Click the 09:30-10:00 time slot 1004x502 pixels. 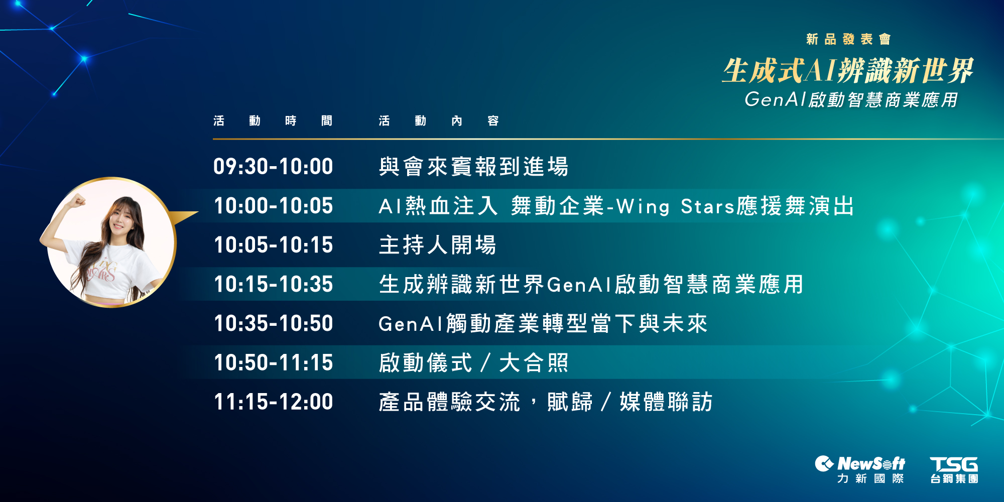(273, 167)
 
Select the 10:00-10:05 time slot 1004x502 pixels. (273, 206)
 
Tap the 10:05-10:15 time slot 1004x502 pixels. (273, 245)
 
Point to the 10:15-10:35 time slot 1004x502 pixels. (273, 284)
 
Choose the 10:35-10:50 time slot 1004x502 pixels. (273, 323)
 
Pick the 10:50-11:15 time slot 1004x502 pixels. (273, 362)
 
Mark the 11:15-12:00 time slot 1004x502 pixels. (273, 402)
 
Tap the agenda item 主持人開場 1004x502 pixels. (437, 245)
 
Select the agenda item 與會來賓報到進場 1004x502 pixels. (473, 167)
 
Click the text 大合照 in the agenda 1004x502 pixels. (534, 362)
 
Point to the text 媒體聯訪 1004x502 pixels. (666, 402)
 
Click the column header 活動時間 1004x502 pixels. (273, 121)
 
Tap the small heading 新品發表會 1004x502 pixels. (848, 39)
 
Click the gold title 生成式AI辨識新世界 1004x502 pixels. (848, 70)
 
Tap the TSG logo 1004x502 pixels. (954, 470)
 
